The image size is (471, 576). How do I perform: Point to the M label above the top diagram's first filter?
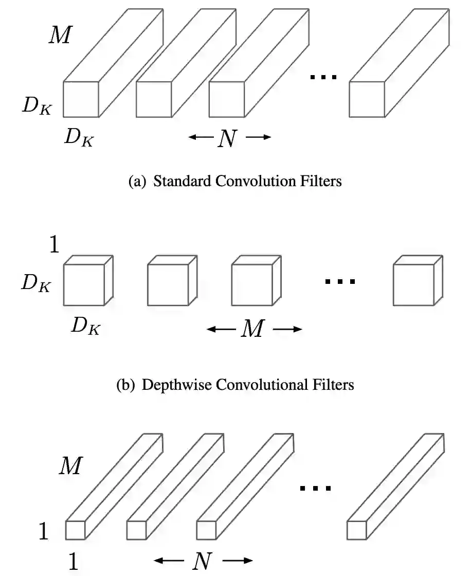click(x=60, y=34)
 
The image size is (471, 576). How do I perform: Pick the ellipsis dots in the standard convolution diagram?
click(x=323, y=77)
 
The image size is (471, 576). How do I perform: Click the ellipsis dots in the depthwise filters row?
click(x=340, y=281)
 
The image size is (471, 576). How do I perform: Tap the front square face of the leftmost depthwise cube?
click(x=84, y=285)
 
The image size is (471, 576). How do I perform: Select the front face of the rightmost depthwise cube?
click(x=413, y=285)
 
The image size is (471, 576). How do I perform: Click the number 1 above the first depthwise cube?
click(x=54, y=245)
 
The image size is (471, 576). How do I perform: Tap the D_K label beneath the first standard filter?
click(x=79, y=137)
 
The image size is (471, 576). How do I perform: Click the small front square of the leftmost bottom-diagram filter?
click(x=75, y=530)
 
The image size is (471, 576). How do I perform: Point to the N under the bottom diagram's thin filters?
click(x=202, y=561)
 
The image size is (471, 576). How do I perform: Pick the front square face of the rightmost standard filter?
click(x=367, y=99)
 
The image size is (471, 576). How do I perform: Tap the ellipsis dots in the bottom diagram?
click(x=315, y=488)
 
